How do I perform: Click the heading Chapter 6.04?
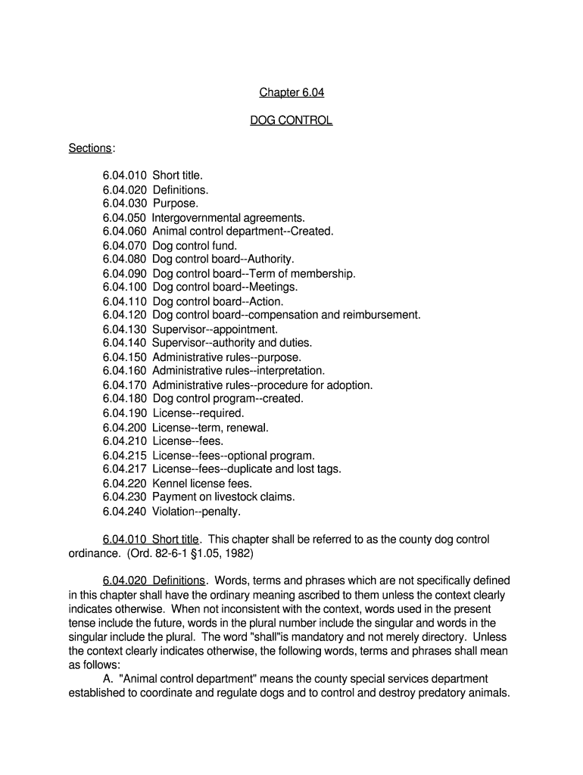[291, 93]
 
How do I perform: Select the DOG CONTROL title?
[291, 120]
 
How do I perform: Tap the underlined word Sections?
[90, 148]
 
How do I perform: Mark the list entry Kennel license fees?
[202, 483]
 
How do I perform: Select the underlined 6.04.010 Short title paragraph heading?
[151, 540]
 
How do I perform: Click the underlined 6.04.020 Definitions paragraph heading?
[154, 581]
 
